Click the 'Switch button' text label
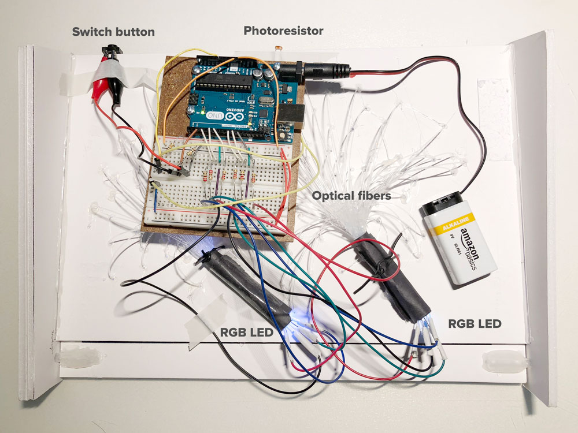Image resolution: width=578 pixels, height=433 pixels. pos(113,32)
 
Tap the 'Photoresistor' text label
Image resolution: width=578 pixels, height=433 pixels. pos(283,30)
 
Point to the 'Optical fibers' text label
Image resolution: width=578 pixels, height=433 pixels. pos(351,196)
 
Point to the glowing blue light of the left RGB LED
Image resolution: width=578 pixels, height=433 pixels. pos(298,315)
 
